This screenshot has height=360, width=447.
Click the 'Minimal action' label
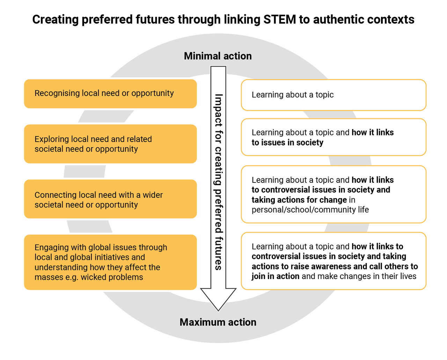click(218, 56)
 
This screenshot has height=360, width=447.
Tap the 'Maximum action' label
click(218, 322)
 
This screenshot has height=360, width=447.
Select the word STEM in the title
click(279, 20)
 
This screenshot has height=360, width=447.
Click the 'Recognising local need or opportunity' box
click(110, 93)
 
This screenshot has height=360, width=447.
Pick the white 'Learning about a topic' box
click(334, 95)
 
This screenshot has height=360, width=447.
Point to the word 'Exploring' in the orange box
click(51, 139)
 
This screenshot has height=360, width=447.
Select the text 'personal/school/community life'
click(310, 210)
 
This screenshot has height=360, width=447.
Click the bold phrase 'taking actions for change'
click(299, 200)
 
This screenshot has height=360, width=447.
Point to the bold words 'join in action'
click(276, 276)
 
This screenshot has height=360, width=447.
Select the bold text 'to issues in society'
click(287, 143)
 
